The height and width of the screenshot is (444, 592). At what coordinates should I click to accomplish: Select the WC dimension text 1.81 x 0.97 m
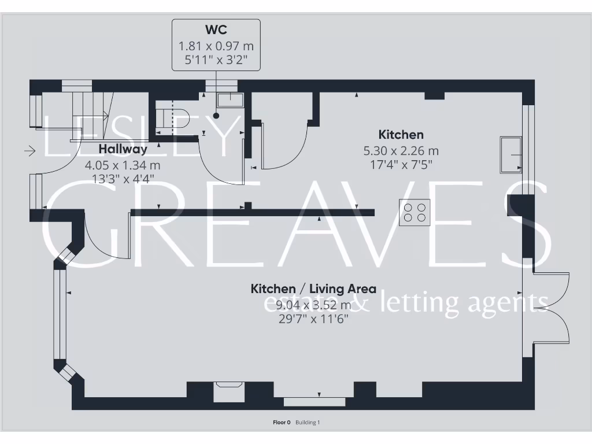pos(216,45)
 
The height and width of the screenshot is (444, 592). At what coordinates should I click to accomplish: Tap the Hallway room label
pos(123,149)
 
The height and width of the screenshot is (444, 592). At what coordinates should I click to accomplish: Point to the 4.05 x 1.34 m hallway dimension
pos(123,165)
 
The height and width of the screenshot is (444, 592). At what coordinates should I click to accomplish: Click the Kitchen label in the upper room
pos(401,135)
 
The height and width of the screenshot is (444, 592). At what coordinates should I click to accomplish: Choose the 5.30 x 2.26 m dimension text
pos(401,151)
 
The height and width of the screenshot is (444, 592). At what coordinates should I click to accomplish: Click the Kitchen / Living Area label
pos(313,288)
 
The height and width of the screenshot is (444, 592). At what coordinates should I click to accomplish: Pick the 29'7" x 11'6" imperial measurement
pos(313,319)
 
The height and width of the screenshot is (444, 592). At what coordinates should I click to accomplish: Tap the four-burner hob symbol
pos(415,212)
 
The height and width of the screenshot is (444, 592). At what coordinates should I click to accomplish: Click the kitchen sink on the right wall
pos(510,154)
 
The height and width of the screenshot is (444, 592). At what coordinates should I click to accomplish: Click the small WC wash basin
pos(230,100)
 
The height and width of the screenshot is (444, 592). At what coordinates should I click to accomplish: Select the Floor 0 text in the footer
pos(282,423)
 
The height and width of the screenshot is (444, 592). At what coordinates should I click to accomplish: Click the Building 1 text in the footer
pos(308,423)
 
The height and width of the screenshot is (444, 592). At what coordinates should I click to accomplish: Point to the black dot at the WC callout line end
pos(216,116)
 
